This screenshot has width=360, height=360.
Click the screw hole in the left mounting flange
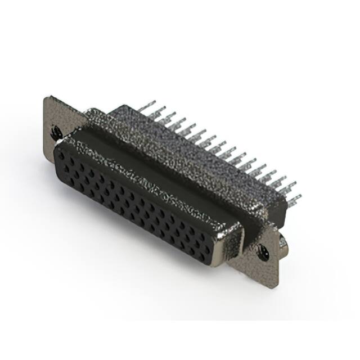56,133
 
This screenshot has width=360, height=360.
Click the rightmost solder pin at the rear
295,199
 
